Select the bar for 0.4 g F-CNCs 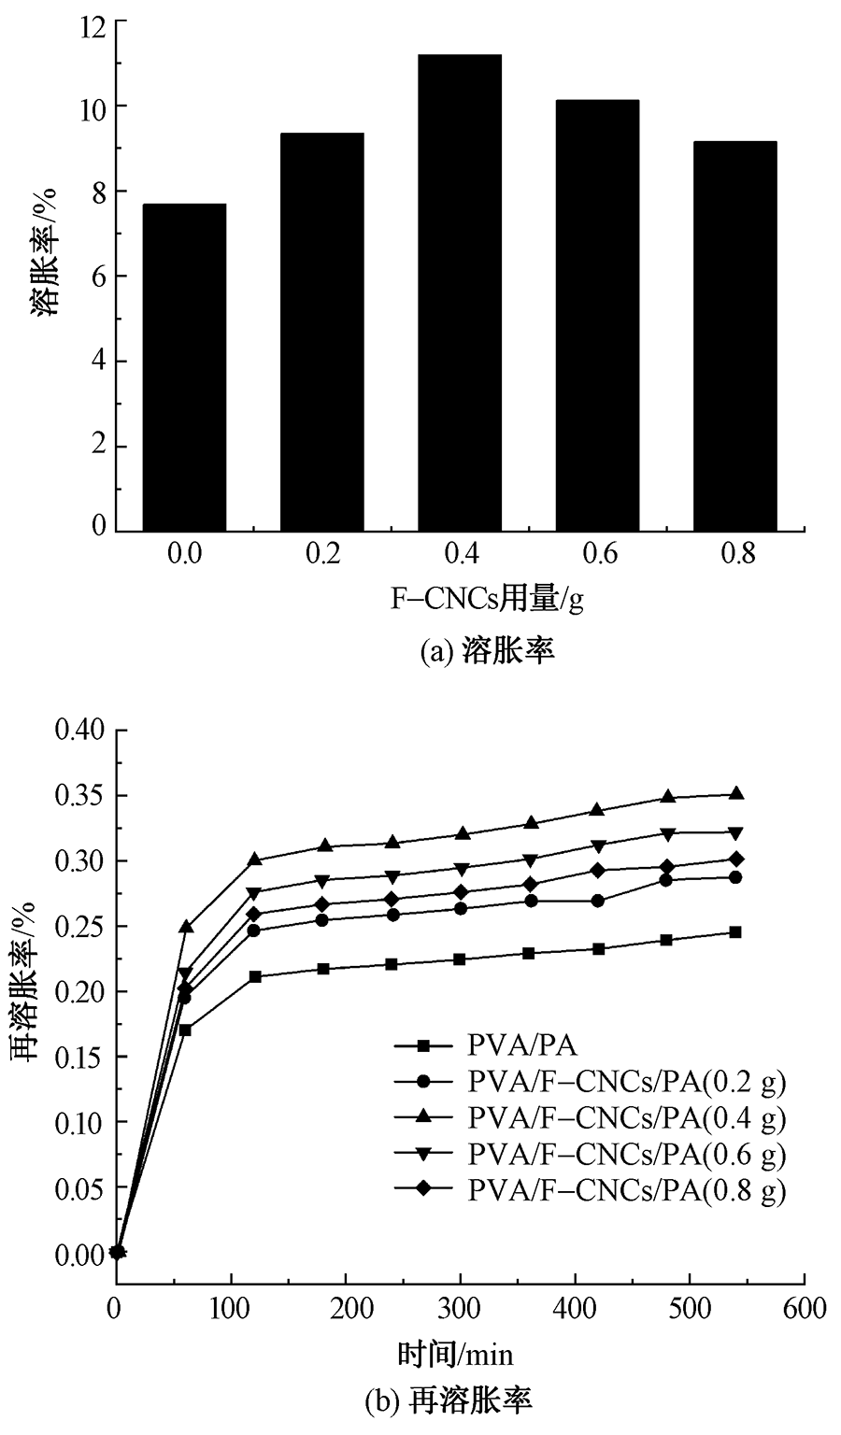pyautogui.click(x=459, y=293)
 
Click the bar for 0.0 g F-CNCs pyautogui.click(x=184, y=367)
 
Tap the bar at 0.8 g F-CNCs pyautogui.click(x=734, y=336)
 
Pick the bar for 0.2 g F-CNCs pyautogui.click(x=321, y=333)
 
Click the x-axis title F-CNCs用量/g pyautogui.click(x=487, y=598)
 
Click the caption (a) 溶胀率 pyautogui.click(x=487, y=651)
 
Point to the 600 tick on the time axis pyautogui.click(x=805, y=1308)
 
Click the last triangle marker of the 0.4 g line pyautogui.click(x=735, y=793)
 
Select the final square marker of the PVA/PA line pyautogui.click(x=735, y=931)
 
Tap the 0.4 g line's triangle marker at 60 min pyautogui.click(x=185, y=927)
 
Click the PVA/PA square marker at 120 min pyautogui.click(x=254, y=976)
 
